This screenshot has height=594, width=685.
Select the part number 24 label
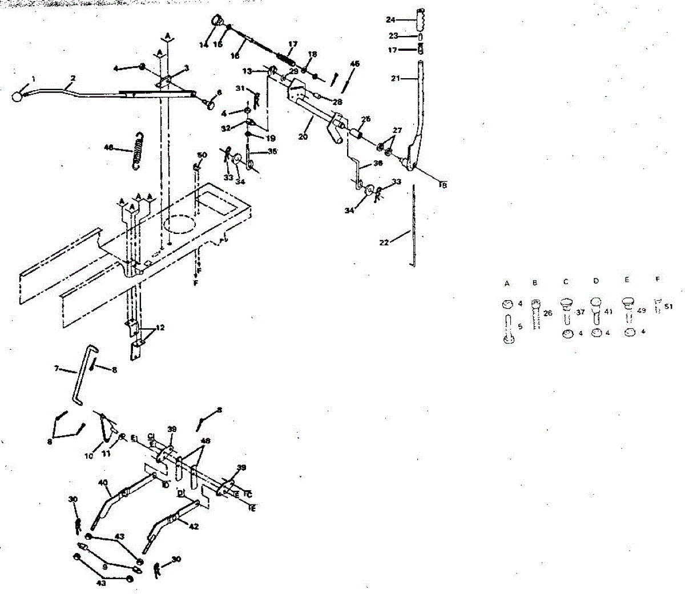[x=390, y=20]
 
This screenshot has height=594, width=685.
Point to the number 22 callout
[x=384, y=243]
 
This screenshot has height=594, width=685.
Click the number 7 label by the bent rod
[x=57, y=369]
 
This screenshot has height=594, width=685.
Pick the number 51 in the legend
[x=668, y=306]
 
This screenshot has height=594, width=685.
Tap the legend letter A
[x=506, y=282]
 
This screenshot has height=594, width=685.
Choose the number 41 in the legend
[x=608, y=312]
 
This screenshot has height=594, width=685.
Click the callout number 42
[x=194, y=527]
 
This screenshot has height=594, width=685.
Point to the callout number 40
[x=103, y=483]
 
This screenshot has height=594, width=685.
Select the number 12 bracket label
[x=160, y=328]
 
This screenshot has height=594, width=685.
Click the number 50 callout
[x=202, y=155]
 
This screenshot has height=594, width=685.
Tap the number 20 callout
[x=303, y=136]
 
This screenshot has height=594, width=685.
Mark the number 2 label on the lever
[x=73, y=78]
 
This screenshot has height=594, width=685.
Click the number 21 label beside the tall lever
[x=396, y=78]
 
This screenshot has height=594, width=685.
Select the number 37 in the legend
[x=581, y=312]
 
